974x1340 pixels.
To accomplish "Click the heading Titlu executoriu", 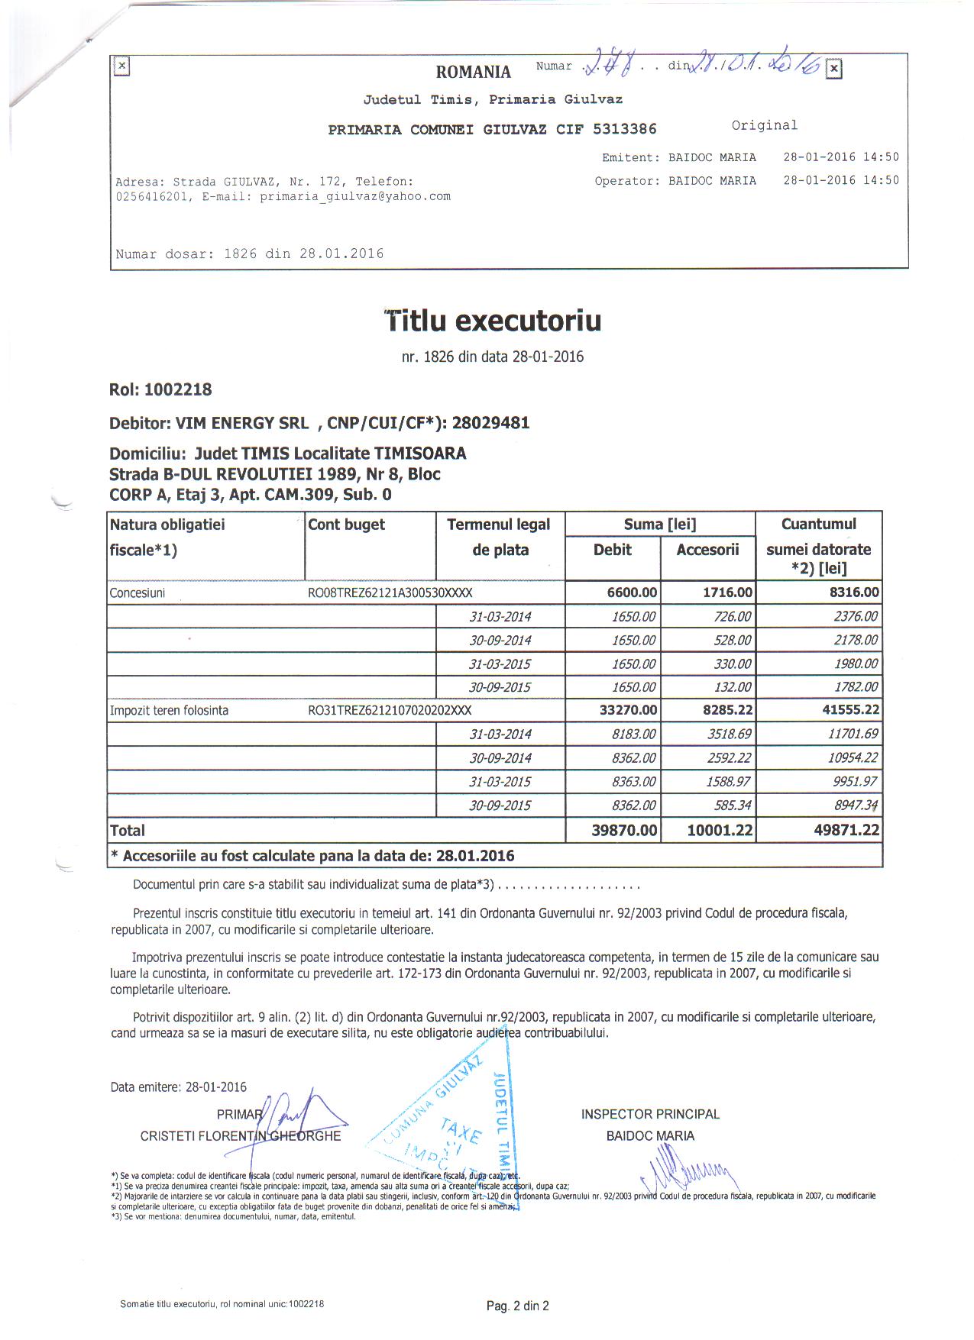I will coord(493,321).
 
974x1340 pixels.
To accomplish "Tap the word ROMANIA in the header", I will coord(473,72).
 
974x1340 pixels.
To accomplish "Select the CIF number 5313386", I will coord(624,129).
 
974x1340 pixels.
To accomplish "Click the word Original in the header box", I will coord(764,125).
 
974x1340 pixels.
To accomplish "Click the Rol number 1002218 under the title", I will coord(177,390).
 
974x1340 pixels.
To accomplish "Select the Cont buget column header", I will coord(346,525).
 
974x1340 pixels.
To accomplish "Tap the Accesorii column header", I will coord(707,550).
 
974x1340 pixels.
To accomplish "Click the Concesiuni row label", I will coord(138,593).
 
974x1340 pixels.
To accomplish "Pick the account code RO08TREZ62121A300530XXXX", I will coord(390,593).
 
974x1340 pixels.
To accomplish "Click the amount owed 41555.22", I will coord(850,710).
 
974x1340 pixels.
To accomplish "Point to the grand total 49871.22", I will coord(846,830).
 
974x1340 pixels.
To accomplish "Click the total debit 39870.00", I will coord(624,830).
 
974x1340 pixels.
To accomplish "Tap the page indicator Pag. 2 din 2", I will coord(517,1306).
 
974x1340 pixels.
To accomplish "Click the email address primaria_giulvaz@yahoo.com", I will coord(355,196).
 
